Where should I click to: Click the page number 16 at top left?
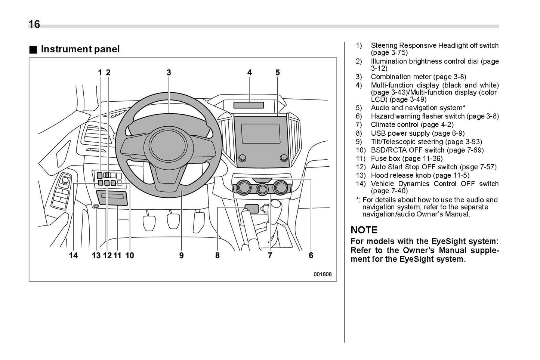tap(34, 24)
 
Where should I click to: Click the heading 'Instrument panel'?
tap(80, 49)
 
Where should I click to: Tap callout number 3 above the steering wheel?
tap(169, 73)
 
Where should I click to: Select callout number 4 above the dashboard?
tap(250, 73)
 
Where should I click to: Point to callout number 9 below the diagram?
tap(182, 255)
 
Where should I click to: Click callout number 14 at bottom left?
tap(73, 255)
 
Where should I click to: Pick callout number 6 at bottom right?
tap(311, 255)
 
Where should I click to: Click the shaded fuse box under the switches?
tap(112, 197)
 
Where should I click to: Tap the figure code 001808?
tap(323, 274)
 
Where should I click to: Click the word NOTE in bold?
tap(364, 230)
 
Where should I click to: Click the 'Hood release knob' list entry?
tap(420, 175)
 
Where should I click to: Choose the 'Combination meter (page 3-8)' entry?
tap(418, 77)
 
